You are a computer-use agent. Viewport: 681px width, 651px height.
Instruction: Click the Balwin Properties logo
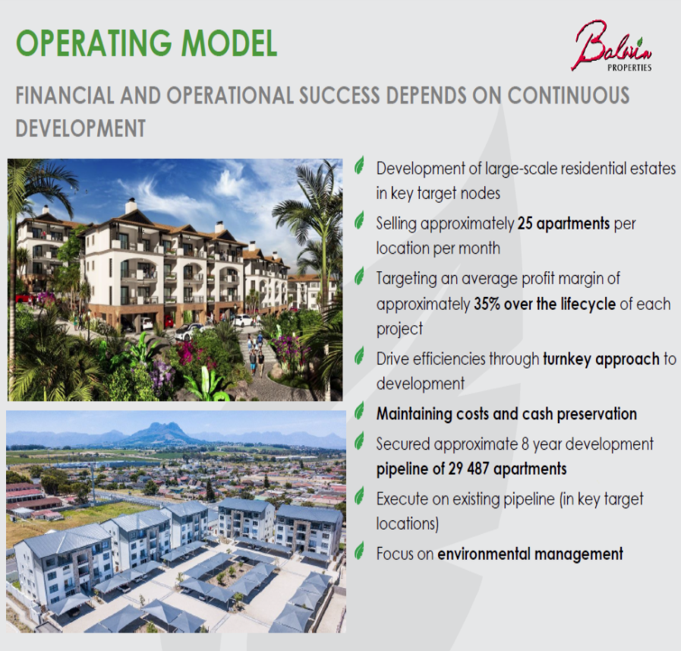[612, 47]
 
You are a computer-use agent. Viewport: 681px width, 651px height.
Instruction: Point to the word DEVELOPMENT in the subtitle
[80, 128]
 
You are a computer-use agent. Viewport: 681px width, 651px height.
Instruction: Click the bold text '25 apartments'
[563, 224]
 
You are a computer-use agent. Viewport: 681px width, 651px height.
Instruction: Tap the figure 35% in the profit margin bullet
[490, 304]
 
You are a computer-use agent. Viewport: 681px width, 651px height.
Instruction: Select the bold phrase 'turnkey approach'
[601, 359]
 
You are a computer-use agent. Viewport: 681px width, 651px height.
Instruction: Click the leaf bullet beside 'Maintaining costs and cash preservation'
[360, 412]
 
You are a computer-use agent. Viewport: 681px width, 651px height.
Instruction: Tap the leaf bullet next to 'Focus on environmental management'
[360, 552]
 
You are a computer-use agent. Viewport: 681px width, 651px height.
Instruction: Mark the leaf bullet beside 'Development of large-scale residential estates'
[360, 166]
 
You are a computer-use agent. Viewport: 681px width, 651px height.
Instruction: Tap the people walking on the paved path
[257, 357]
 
